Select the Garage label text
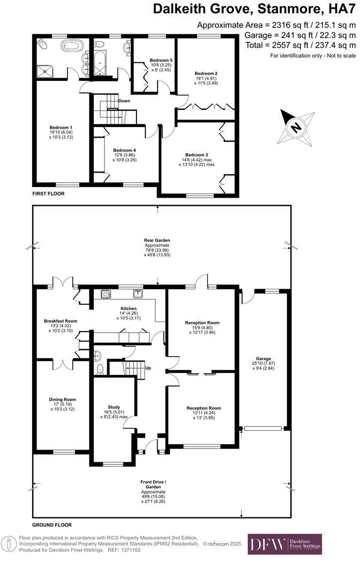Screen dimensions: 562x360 pos(263,358)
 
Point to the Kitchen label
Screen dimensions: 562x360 pos(129,309)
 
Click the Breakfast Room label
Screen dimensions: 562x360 pos(61,321)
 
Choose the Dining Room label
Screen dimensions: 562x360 pos(63,399)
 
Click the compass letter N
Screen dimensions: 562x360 pos(294,128)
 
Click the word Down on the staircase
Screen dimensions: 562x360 pos(124,100)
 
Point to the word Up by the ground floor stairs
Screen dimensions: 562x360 pos(148,368)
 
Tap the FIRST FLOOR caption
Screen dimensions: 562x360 pos(48,193)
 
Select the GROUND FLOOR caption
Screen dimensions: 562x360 pos(51,525)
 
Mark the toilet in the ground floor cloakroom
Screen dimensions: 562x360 pos(100,369)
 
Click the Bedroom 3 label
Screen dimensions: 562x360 pos(197,154)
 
